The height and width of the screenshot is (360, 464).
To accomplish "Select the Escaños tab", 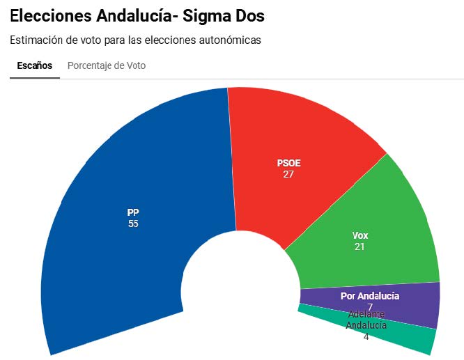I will point(34,65).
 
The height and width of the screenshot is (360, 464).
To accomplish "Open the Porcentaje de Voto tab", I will point(107,65).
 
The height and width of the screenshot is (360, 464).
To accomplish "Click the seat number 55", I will point(133,224).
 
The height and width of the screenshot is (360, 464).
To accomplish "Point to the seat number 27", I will point(288,174).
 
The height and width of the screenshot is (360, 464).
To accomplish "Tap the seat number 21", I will point(359,246).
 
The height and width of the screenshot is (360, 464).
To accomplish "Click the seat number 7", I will point(370,307).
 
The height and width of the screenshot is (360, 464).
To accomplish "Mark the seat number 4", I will point(366,336).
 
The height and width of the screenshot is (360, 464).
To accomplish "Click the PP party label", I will point(133,212).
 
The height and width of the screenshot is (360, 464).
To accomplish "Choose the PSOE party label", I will point(288,164).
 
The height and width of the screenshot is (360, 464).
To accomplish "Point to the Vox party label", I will point(359,235).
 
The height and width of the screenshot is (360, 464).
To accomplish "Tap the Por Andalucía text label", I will point(370,296).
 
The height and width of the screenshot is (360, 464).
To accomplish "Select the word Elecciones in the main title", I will point(50,16).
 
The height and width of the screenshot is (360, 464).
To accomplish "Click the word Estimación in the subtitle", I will point(35,40).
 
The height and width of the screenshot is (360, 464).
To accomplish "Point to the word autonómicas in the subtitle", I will point(231,40).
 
